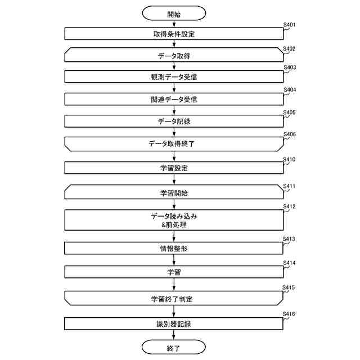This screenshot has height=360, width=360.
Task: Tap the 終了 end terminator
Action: point(174,348)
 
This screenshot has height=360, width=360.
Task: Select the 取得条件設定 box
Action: point(174,34)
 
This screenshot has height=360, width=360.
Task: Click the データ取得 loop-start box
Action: point(174,56)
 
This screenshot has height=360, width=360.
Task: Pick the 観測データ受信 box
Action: point(174,77)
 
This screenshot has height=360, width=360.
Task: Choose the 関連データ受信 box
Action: point(174,99)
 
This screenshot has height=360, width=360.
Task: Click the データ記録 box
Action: point(174,121)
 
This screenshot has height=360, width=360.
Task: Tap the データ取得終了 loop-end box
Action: point(174,143)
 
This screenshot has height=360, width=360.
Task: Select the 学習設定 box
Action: point(174,168)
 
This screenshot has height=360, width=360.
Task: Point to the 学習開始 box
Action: point(174,193)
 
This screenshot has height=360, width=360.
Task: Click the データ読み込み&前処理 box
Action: point(174,220)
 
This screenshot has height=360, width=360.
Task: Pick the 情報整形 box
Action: point(174,248)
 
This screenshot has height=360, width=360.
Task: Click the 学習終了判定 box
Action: point(174,299)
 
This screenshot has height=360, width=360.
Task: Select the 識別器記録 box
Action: point(174,324)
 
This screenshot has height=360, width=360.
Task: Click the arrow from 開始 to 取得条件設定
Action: point(174,24)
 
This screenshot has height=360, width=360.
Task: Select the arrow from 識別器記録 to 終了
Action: point(174,335)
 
